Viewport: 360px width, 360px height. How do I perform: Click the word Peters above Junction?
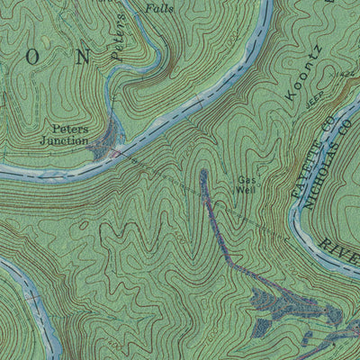(69, 129)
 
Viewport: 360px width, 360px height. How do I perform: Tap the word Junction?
(64, 140)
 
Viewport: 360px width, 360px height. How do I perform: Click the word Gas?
(246, 179)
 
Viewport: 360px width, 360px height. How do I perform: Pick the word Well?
(247, 190)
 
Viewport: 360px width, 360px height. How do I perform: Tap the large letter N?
(84, 58)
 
